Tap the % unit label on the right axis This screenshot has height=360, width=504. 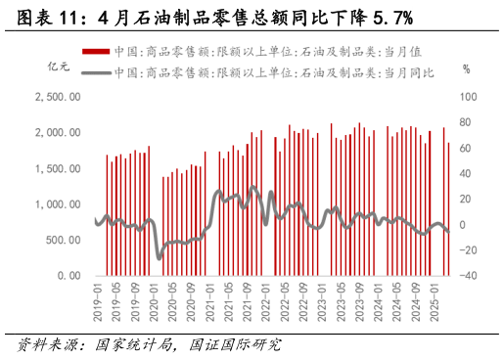coord(466,69)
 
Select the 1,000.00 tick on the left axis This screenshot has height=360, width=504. coord(56,204)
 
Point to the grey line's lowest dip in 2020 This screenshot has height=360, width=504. coord(160,256)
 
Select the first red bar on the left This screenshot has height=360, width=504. coord(107,215)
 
